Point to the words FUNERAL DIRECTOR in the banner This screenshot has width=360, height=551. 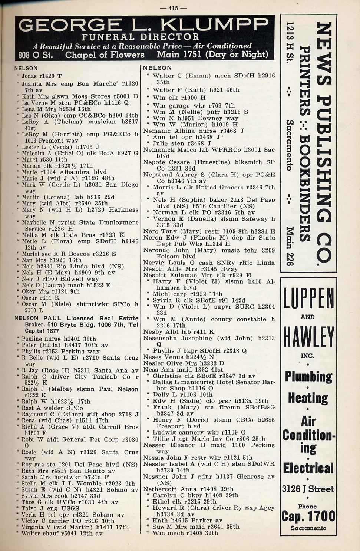(x=141, y=37)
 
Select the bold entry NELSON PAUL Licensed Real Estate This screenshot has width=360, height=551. (x=76, y=318)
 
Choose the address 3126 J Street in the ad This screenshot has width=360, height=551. (x=308, y=489)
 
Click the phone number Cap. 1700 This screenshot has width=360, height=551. (x=308, y=516)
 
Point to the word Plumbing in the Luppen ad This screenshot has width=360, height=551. (x=308, y=376)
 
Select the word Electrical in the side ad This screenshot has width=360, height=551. (x=308, y=468)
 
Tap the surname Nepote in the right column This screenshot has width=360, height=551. (x=154, y=162)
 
